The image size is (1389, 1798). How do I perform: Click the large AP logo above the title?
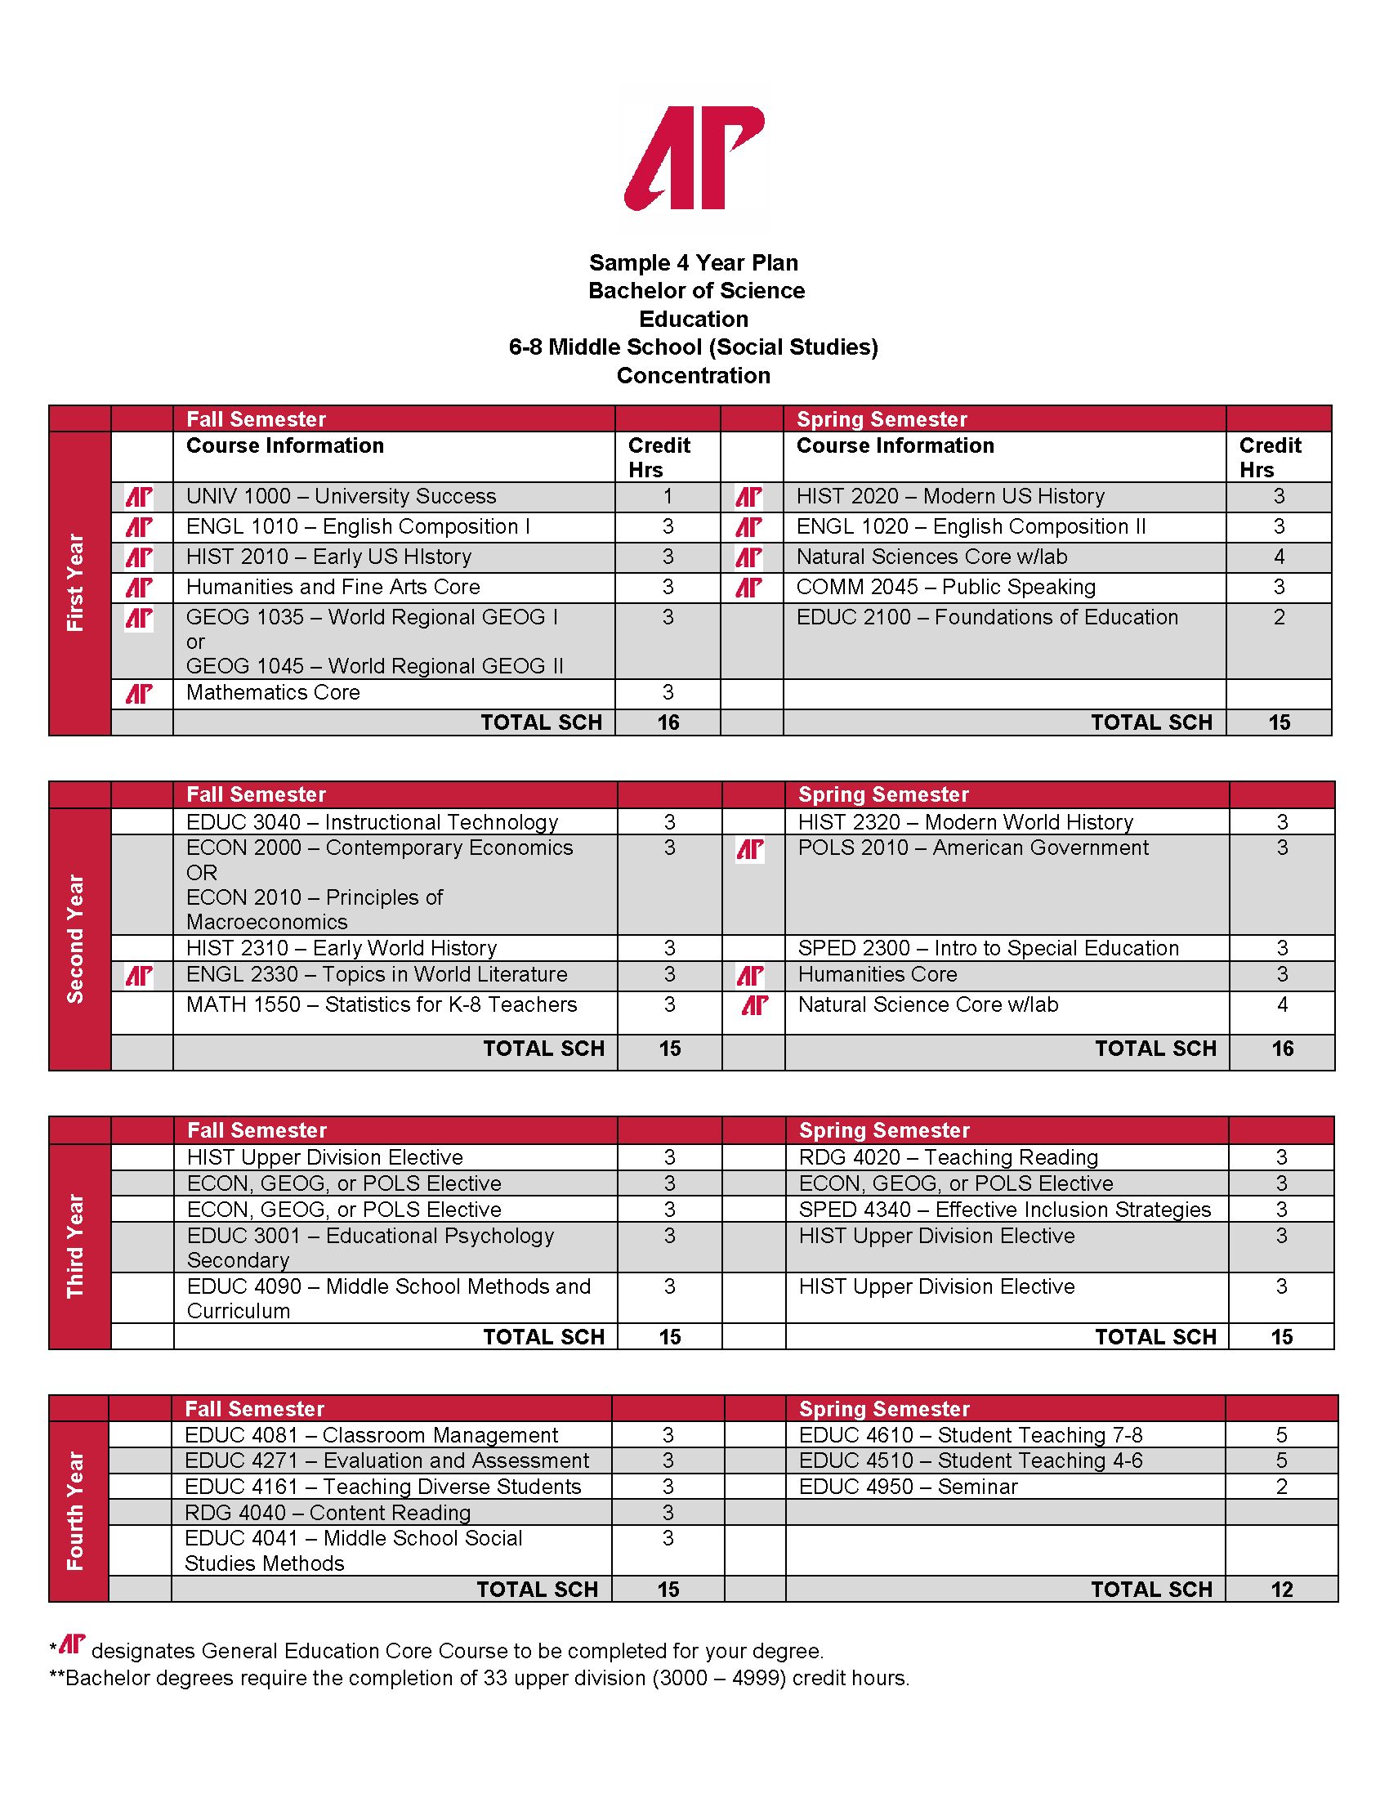coord(694,157)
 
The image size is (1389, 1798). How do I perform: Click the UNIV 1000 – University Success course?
coord(341,496)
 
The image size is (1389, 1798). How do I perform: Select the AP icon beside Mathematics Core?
coord(139,694)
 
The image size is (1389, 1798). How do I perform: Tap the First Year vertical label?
coord(76,582)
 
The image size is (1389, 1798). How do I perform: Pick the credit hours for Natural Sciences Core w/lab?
coord(1278,557)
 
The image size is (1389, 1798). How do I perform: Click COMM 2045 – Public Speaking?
coord(945,587)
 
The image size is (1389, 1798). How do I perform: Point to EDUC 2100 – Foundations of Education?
coord(987,617)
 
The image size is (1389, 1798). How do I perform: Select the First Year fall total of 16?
coord(668,722)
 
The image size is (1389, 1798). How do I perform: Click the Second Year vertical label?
coord(76,938)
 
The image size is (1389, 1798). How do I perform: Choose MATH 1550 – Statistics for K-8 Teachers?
coord(381,1004)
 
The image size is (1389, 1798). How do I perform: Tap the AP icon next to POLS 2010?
coord(749,850)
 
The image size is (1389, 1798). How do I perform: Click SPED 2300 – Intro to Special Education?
coord(988,948)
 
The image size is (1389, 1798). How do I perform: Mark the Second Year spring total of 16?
coord(1282,1049)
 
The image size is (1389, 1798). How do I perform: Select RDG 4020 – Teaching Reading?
coord(948,1157)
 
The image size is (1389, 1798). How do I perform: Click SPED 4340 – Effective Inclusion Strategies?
coord(1004,1210)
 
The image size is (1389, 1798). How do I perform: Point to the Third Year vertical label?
coord(76,1246)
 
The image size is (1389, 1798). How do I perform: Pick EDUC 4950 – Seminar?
coord(908,1487)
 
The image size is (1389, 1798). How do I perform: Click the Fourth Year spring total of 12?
coord(1281,1590)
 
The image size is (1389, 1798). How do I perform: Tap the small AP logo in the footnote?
coord(73,1644)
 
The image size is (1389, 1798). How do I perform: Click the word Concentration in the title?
coord(693,375)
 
